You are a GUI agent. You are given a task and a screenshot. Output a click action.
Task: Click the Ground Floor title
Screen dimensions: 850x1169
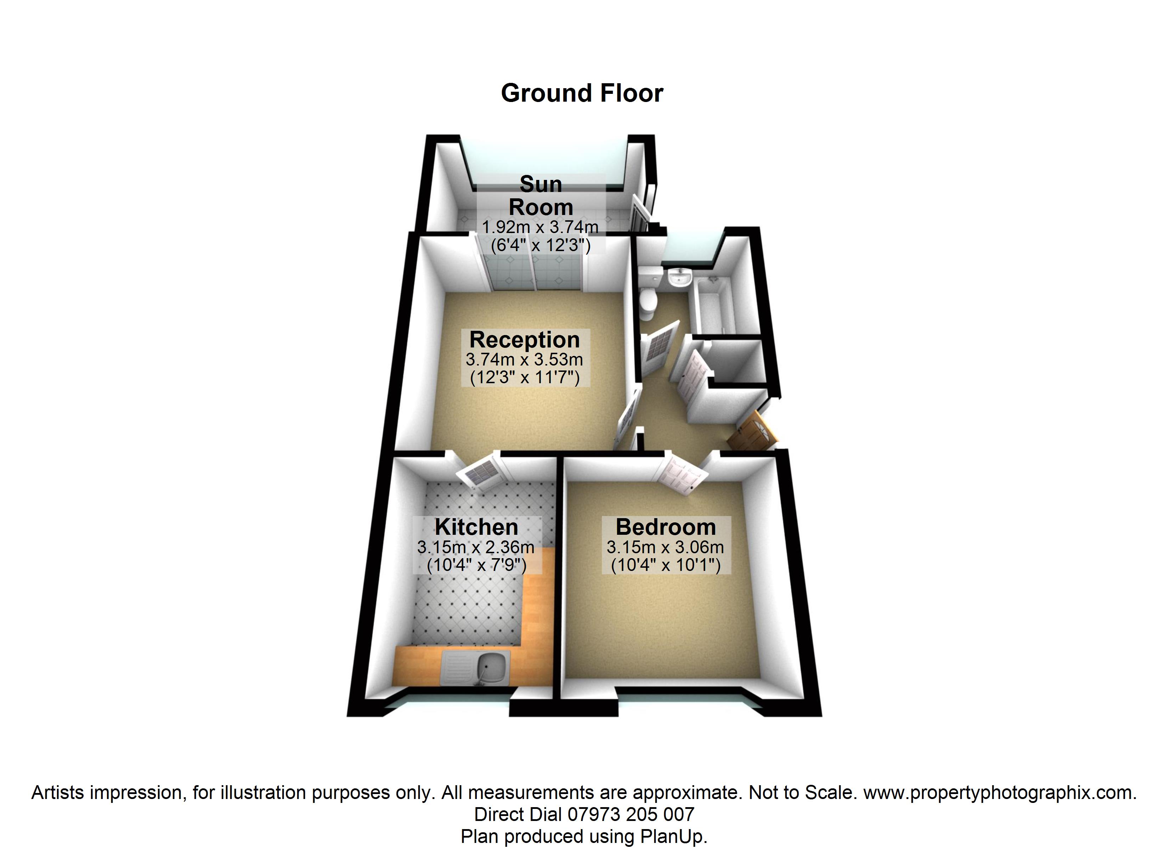[582, 93]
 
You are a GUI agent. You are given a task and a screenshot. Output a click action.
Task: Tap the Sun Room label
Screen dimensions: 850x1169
[541, 196]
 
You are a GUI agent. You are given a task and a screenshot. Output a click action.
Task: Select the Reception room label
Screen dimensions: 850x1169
[525, 340]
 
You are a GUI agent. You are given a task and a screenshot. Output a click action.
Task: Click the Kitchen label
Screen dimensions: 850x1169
[476, 527]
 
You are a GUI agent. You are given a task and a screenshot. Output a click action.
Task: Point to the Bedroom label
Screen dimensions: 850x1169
[665, 527]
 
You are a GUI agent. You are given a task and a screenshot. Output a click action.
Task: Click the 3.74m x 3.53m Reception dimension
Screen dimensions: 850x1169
[524, 359]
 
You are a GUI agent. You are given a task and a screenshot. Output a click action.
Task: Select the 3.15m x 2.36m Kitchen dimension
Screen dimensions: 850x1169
[476, 547]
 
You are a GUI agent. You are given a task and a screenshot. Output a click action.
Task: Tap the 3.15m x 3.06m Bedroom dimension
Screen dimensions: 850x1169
[665, 547]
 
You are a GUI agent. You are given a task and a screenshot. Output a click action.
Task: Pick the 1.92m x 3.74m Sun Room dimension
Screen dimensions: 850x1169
[540, 227]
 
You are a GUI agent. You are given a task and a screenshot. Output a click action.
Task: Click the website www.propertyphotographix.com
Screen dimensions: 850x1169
[999, 792]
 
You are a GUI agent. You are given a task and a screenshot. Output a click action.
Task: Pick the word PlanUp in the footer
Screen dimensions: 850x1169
[671, 835]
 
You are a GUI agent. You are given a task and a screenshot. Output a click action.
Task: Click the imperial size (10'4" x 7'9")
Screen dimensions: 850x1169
[476, 565]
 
